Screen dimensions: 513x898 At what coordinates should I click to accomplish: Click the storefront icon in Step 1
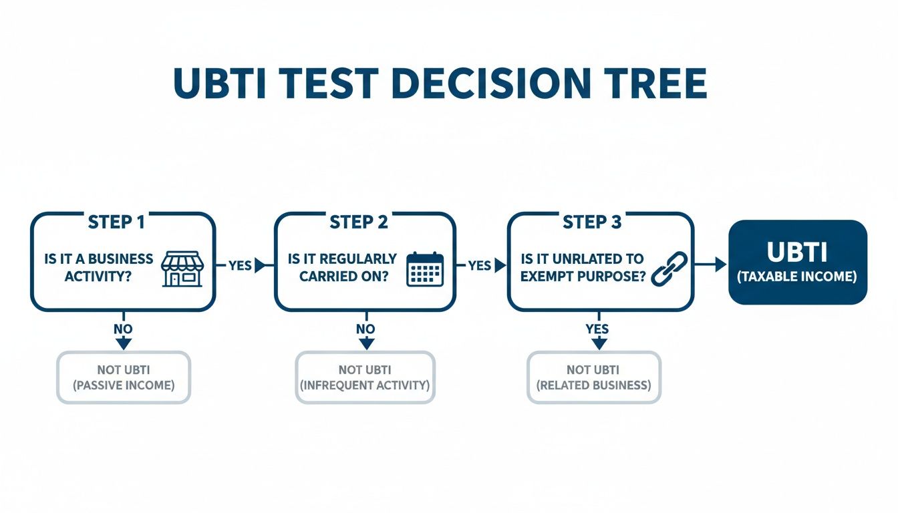click(x=182, y=269)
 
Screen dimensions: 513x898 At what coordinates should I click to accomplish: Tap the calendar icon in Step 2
click(x=425, y=269)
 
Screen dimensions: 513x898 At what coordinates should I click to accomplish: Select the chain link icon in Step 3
click(x=665, y=269)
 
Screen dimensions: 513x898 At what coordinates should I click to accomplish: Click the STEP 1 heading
click(x=116, y=222)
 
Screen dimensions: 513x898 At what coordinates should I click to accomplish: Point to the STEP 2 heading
click(x=359, y=222)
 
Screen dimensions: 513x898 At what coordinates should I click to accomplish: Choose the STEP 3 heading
click(x=592, y=222)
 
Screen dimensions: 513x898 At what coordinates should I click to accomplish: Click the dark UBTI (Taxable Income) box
click(x=797, y=262)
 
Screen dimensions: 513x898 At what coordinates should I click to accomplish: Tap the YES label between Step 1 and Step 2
click(x=240, y=266)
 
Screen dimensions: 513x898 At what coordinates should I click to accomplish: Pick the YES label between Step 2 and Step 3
click(x=479, y=266)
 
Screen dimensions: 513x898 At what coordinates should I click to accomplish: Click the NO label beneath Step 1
click(x=123, y=329)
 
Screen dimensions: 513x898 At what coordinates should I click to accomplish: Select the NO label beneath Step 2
click(x=365, y=329)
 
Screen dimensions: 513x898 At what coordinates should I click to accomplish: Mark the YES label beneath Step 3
click(x=597, y=329)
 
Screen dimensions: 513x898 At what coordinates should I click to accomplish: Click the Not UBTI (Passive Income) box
click(x=124, y=377)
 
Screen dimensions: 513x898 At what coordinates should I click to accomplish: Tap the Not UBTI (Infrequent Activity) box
click(x=365, y=377)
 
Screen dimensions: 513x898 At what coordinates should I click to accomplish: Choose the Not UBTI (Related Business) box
click(x=593, y=377)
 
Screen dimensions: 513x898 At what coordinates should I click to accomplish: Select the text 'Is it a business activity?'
click(x=98, y=267)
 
